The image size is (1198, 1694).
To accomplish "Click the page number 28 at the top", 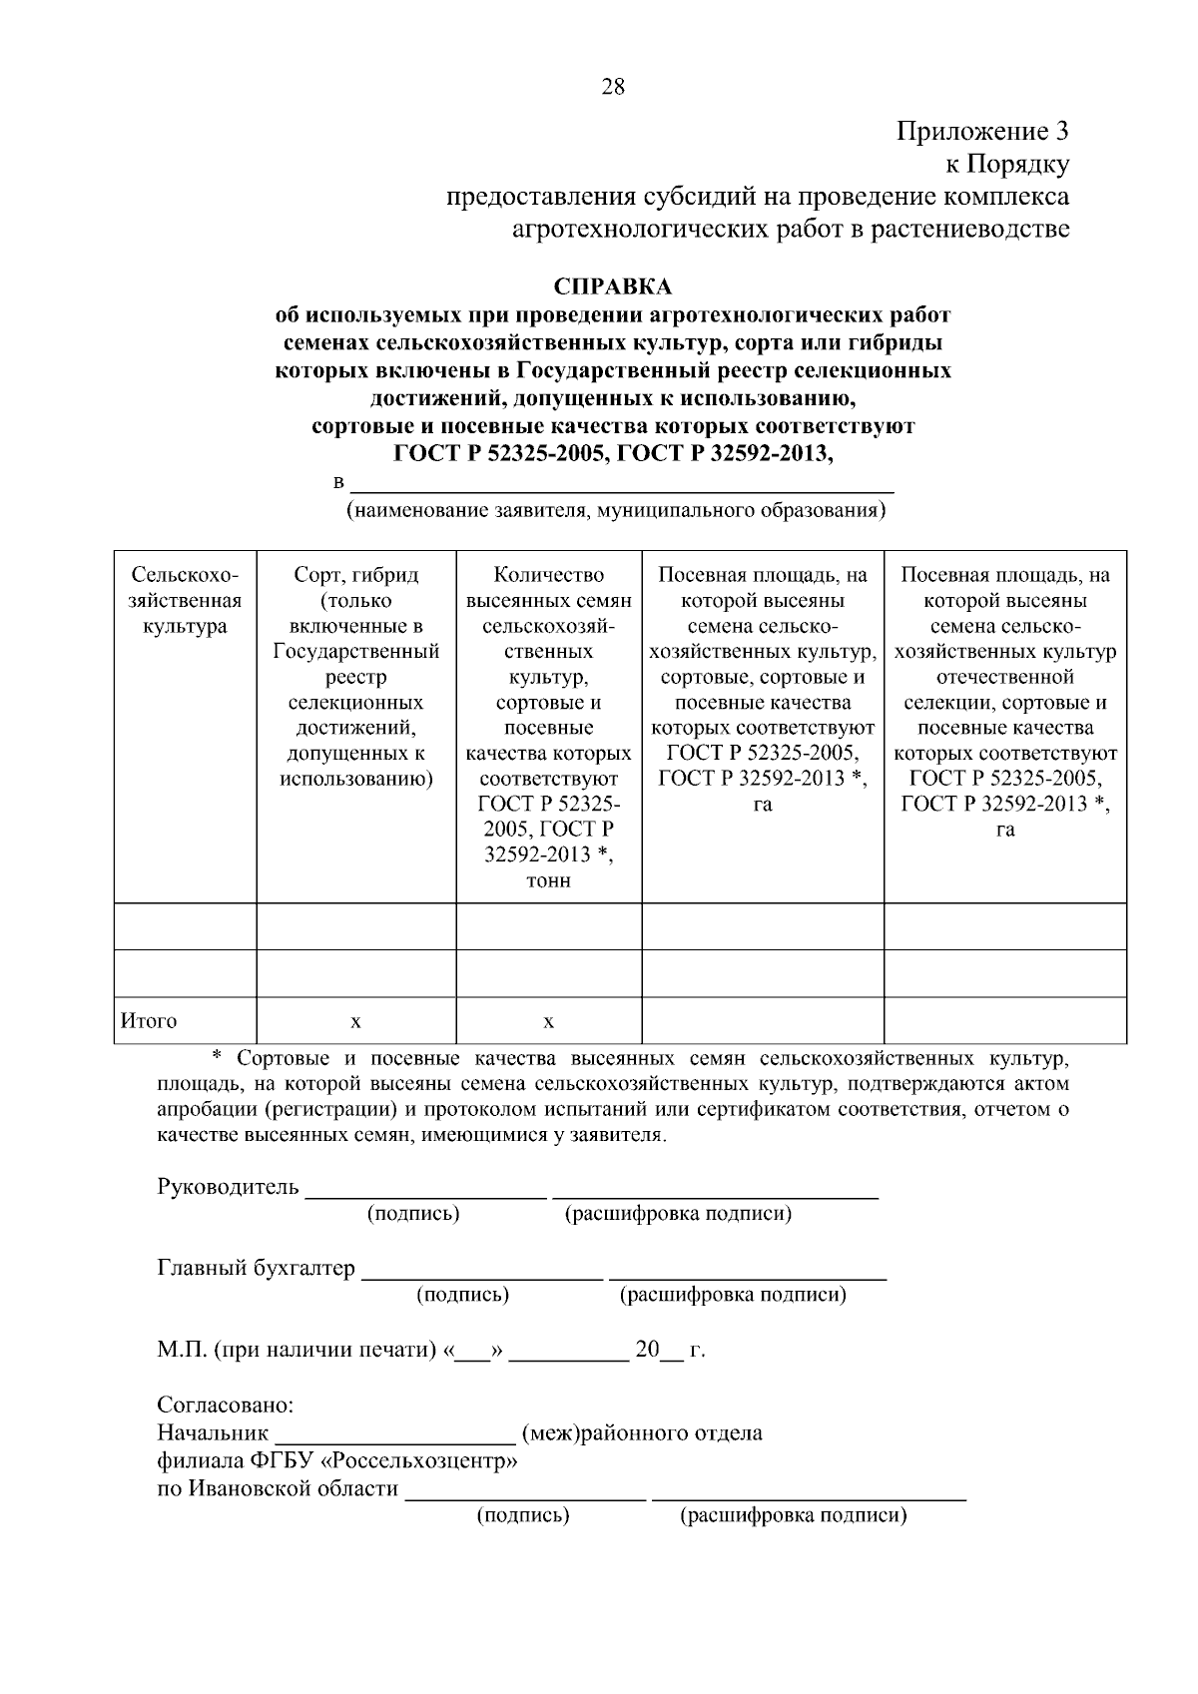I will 613,87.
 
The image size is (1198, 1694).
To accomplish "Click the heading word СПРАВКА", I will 612,287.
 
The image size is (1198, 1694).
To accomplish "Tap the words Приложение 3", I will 982,131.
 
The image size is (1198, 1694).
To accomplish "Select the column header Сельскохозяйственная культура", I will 186,601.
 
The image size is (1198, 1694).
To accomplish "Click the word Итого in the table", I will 149,1020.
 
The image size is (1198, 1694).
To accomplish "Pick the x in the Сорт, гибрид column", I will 355,1022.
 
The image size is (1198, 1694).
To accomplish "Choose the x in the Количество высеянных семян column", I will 548,1022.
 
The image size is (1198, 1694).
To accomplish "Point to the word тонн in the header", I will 548,880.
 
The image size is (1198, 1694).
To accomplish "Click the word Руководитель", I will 228,1187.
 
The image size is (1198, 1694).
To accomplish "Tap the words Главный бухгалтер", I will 256,1268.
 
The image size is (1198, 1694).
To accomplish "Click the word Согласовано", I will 226,1406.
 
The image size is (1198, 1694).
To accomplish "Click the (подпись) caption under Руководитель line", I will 413,1214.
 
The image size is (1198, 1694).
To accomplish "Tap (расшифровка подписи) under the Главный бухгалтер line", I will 733,1295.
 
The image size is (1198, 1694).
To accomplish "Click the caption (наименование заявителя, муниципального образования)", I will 616,512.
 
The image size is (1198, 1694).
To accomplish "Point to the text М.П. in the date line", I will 182,1350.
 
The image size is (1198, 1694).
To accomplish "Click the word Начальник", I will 213,1433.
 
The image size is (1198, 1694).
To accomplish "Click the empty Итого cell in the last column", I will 1004,1020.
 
